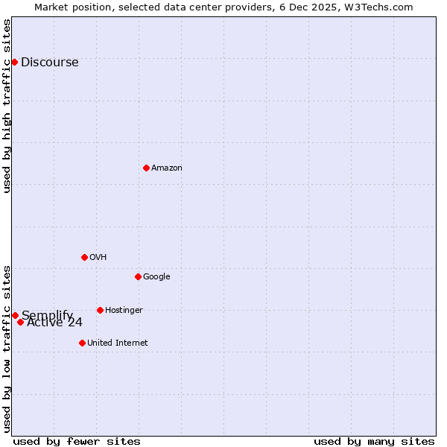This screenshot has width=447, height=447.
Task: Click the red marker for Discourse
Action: [x=14, y=62]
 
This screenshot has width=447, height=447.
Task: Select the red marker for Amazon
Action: [x=146, y=168]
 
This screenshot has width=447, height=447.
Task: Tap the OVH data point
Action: [x=84, y=257]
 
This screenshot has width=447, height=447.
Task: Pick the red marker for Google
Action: [x=138, y=276]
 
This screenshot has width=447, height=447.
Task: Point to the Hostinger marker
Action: [x=100, y=310]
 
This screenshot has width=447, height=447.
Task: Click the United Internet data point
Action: [x=82, y=343]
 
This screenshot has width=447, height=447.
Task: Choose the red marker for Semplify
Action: [x=15, y=315]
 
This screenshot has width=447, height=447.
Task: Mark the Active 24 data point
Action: [x=20, y=322]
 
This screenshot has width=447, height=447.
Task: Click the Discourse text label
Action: [x=49, y=63]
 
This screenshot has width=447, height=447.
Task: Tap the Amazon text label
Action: [x=166, y=168]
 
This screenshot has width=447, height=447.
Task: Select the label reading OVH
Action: [x=98, y=258]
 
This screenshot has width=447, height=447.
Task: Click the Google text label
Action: [x=156, y=277]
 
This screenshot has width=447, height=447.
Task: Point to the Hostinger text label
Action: [x=124, y=311]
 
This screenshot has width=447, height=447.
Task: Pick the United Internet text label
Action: [x=117, y=343]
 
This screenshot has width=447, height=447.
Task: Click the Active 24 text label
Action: [x=54, y=323]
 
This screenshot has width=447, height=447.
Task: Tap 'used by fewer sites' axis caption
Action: [x=77, y=441]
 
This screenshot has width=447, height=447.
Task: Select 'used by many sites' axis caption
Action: [x=374, y=441]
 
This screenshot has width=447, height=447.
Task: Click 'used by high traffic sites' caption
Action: [x=7, y=106]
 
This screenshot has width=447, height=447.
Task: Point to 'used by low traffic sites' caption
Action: [x=7, y=348]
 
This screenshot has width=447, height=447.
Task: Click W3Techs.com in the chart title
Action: [x=381, y=7]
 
